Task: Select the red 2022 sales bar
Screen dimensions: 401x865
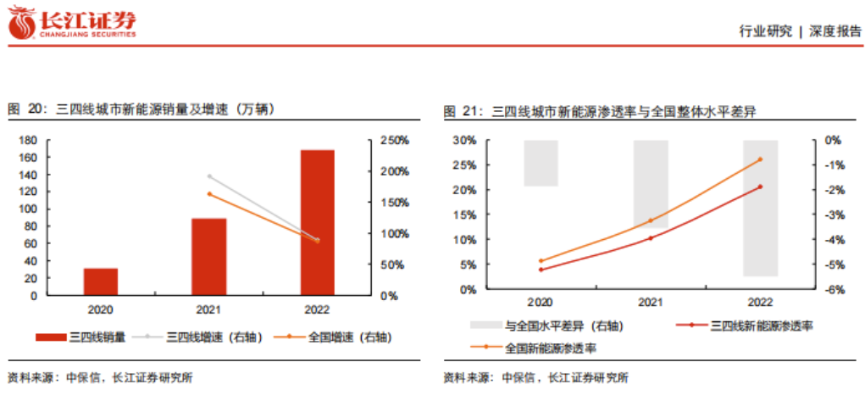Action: pos(318,223)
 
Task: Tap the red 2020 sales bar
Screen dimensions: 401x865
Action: pos(100,281)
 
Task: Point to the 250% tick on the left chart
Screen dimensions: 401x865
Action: pos(394,140)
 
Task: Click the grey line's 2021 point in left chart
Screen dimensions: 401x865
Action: pos(209,176)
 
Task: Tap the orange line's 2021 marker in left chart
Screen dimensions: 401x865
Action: pos(209,194)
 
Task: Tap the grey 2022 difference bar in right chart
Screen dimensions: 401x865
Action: pos(760,208)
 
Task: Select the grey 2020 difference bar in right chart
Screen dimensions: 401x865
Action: pos(541,163)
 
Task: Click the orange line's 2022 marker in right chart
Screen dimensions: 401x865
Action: pos(760,159)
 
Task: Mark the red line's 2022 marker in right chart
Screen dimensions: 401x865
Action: pos(760,187)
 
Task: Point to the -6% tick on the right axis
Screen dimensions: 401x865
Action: pos(832,290)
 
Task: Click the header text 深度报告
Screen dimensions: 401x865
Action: pos(835,31)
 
